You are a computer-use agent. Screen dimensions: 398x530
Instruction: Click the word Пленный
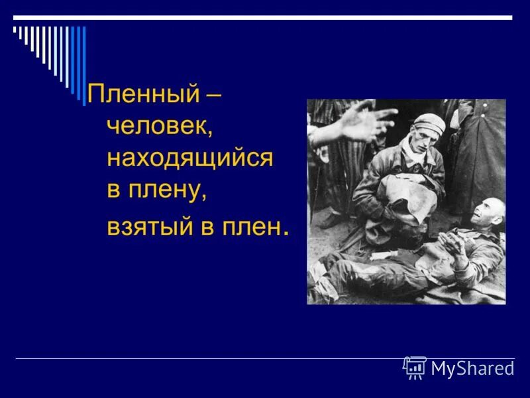pos(142,94)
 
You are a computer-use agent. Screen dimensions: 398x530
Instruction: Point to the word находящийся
pos(189,159)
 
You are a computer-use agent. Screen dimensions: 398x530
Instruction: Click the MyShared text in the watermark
pos(472,368)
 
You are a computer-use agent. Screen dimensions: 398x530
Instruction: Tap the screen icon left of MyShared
pos(415,367)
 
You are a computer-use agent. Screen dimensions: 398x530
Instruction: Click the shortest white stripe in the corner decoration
pos(15,30)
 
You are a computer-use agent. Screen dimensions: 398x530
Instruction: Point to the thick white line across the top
pos(265,17)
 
